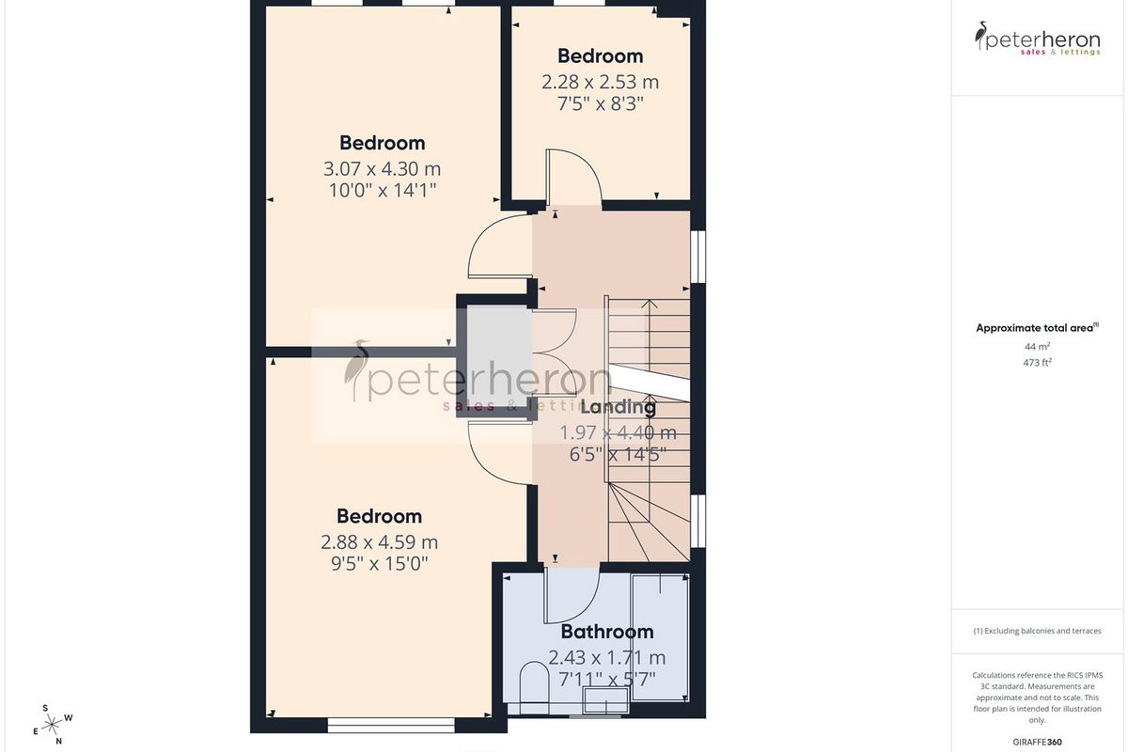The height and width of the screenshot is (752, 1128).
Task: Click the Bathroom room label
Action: coord(607,632)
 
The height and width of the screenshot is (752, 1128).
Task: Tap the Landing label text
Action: coord(619,407)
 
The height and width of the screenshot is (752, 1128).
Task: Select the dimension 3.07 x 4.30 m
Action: coord(383,169)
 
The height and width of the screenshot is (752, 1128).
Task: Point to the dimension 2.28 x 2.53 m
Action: coord(601,82)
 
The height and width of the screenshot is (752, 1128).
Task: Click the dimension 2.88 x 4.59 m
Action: coord(379,542)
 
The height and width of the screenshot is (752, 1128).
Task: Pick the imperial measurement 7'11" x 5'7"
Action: coord(607,680)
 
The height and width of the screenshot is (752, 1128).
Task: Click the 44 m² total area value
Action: coord(1037,347)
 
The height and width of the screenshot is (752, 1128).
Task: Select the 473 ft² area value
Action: coord(1037,362)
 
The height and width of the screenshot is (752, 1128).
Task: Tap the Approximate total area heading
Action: coord(1037,328)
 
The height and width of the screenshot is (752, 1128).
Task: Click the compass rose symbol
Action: coord(52,726)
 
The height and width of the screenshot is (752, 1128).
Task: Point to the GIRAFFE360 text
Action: coord(1037,742)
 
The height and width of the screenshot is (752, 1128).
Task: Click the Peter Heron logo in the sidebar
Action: coord(1037,39)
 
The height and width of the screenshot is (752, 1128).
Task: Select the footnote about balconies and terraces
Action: coord(1037,631)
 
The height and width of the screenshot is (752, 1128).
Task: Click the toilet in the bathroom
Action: coord(534,688)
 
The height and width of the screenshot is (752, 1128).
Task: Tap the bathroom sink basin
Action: coord(605,700)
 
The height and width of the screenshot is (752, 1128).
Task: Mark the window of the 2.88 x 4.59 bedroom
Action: coord(391,726)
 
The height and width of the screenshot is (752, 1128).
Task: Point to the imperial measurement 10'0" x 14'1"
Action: coord(383,191)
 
